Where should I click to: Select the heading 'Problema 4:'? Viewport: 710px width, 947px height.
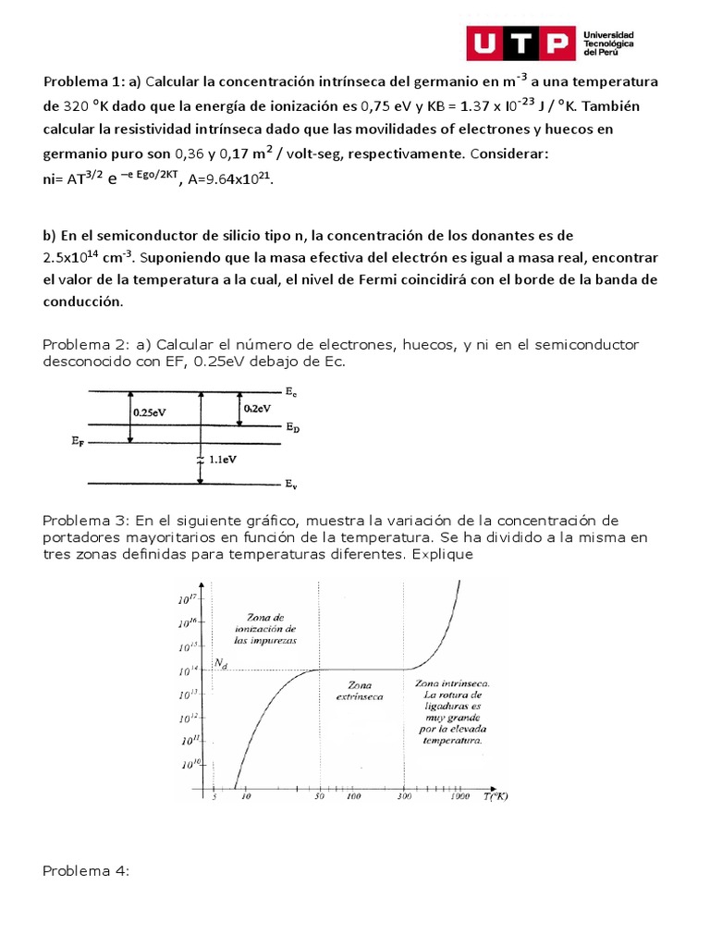click(x=89, y=871)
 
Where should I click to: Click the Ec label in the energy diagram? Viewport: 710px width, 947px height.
click(x=291, y=393)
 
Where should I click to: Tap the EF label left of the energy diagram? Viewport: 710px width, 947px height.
click(x=76, y=443)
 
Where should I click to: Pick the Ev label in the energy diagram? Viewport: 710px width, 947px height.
click(x=291, y=484)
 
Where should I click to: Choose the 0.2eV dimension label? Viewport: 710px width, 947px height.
click(x=256, y=408)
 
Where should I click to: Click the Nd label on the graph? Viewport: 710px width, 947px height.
click(x=220, y=663)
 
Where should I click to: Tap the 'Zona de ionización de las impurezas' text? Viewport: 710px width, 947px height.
click(x=265, y=628)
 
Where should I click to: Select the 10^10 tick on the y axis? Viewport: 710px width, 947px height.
click(x=189, y=764)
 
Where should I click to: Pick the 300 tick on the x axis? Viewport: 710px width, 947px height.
click(x=405, y=795)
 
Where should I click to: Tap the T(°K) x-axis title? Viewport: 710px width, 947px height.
click(x=498, y=795)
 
